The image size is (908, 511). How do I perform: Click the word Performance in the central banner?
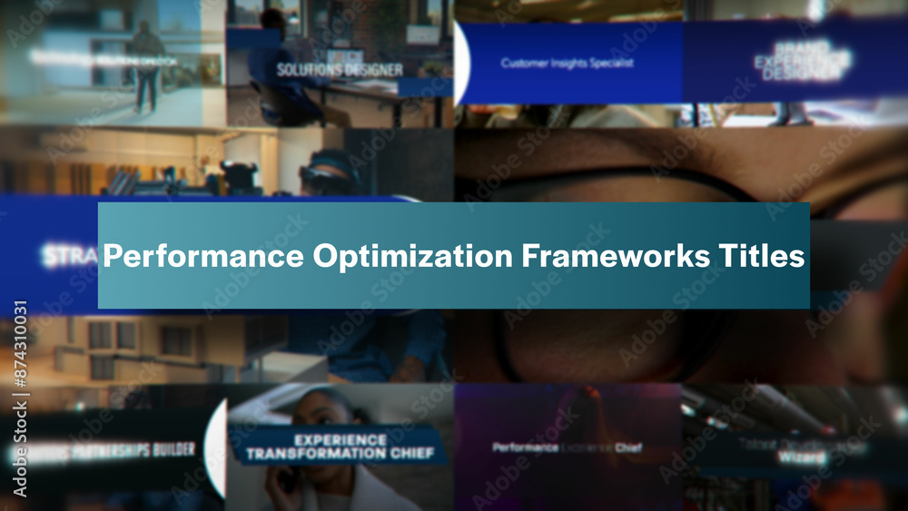click(x=202, y=257)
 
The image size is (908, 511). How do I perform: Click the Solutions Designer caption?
click(x=339, y=70)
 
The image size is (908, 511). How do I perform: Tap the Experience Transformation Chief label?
click(x=340, y=446)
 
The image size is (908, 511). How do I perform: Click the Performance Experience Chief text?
click(x=567, y=447)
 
